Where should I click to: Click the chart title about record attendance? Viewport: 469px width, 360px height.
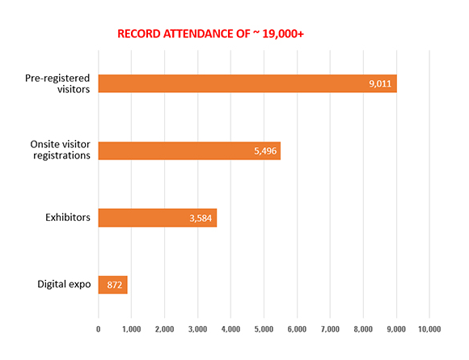[x=210, y=34]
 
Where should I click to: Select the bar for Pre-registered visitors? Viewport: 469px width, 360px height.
[x=247, y=83]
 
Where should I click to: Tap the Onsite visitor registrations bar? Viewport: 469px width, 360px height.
[x=189, y=150]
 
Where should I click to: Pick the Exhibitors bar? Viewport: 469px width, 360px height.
[x=158, y=218]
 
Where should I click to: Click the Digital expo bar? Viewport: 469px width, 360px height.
[x=112, y=285]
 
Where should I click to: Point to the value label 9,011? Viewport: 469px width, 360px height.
[x=380, y=84]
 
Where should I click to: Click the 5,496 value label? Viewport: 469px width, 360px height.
[x=265, y=151]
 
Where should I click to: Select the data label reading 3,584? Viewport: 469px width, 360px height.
[x=201, y=218]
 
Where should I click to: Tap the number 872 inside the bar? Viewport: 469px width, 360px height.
[x=115, y=285]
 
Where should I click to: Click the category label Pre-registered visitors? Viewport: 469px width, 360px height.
[x=57, y=84]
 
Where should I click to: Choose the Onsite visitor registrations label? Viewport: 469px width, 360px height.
[x=60, y=150]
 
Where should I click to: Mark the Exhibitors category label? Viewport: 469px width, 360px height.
[x=68, y=218]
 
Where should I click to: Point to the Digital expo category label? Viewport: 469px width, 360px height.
[x=64, y=284]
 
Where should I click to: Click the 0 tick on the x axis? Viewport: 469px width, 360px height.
[x=99, y=329]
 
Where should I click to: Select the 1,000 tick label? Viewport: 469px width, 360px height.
[x=131, y=329]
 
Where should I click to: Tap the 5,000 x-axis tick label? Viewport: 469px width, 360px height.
[x=264, y=329]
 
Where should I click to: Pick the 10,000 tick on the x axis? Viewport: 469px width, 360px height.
[x=429, y=329]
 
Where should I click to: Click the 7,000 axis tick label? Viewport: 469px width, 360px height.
[x=330, y=329]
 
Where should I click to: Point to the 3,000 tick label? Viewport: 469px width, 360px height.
[x=198, y=329]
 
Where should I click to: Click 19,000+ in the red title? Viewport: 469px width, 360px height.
[x=283, y=34]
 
